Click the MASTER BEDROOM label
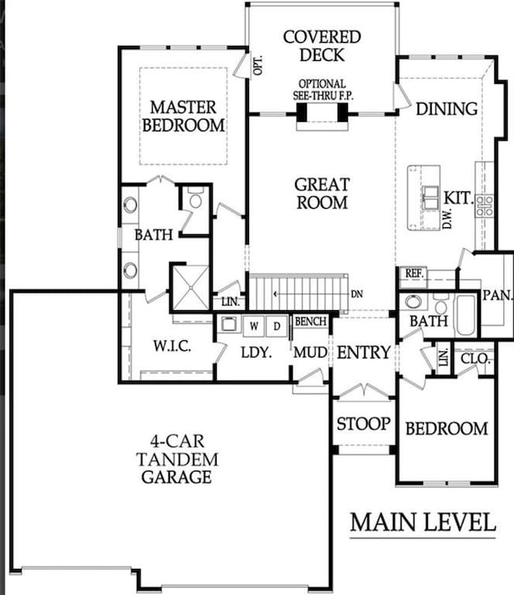click(x=187, y=116)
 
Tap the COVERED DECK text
click(x=322, y=46)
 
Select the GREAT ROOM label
click(x=322, y=193)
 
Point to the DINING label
click(x=447, y=109)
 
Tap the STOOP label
click(x=363, y=424)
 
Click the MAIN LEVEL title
click(x=423, y=523)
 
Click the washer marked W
click(x=255, y=325)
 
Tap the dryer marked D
click(x=277, y=325)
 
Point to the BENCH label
click(x=310, y=322)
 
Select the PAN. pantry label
click(x=498, y=295)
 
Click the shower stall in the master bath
click(x=190, y=286)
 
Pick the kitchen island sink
click(x=430, y=198)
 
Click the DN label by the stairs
click(x=357, y=294)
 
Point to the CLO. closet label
click(x=475, y=358)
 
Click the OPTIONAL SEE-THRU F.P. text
click(x=322, y=89)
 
